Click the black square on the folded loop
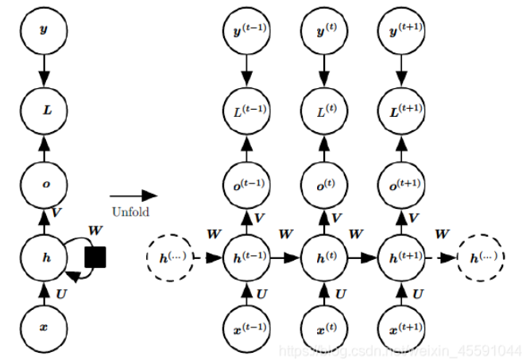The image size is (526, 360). point(95,257)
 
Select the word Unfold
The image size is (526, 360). point(130,212)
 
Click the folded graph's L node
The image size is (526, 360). point(44,109)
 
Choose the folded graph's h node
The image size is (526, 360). point(44,257)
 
